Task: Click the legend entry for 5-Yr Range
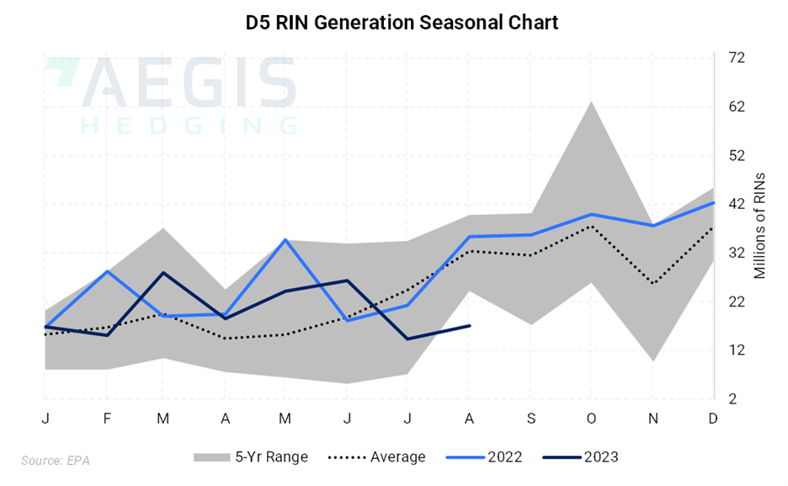pyautogui.click(x=250, y=457)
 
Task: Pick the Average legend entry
pyautogui.click(x=375, y=457)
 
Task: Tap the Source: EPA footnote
pyautogui.click(x=56, y=461)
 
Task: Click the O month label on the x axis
pyautogui.click(x=590, y=419)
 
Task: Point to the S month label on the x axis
pyautogui.click(x=530, y=419)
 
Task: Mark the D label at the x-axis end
pyautogui.click(x=712, y=419)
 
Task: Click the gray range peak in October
pyautogui.click(x=591, y=102)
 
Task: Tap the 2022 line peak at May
pyautogui.click(x=285, y=240)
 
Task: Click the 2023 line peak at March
pyautogui.click(x=163, y=273)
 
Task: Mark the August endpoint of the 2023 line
pyautogui.click(x=470, y=325)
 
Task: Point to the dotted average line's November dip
pyautogui.click(x=652, y=283)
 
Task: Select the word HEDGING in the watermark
pyautogui.click(x=189, y=125)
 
